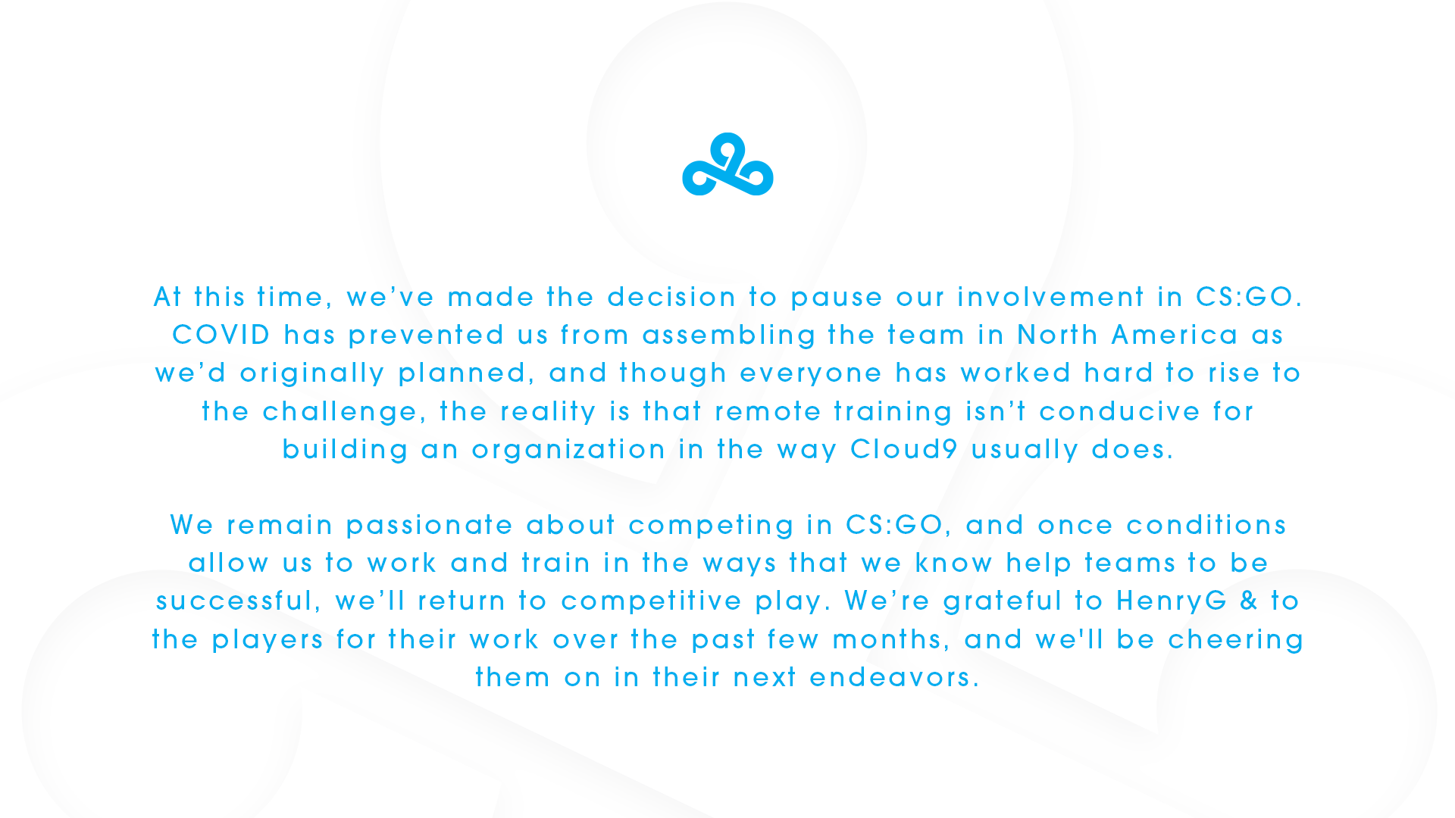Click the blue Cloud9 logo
(x=727, y=164)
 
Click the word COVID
(x=221, y=335)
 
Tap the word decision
(x=671, y=297)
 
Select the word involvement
(x=1050, y=297)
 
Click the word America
(x=1175, y=335)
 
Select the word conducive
(x=1119, y=411)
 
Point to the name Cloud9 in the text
(x=904, y=449)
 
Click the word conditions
(x=1206, y=525)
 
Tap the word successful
(x=234, y=601)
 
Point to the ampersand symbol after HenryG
(x=1249, y=601)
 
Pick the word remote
(x=768, y=411)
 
